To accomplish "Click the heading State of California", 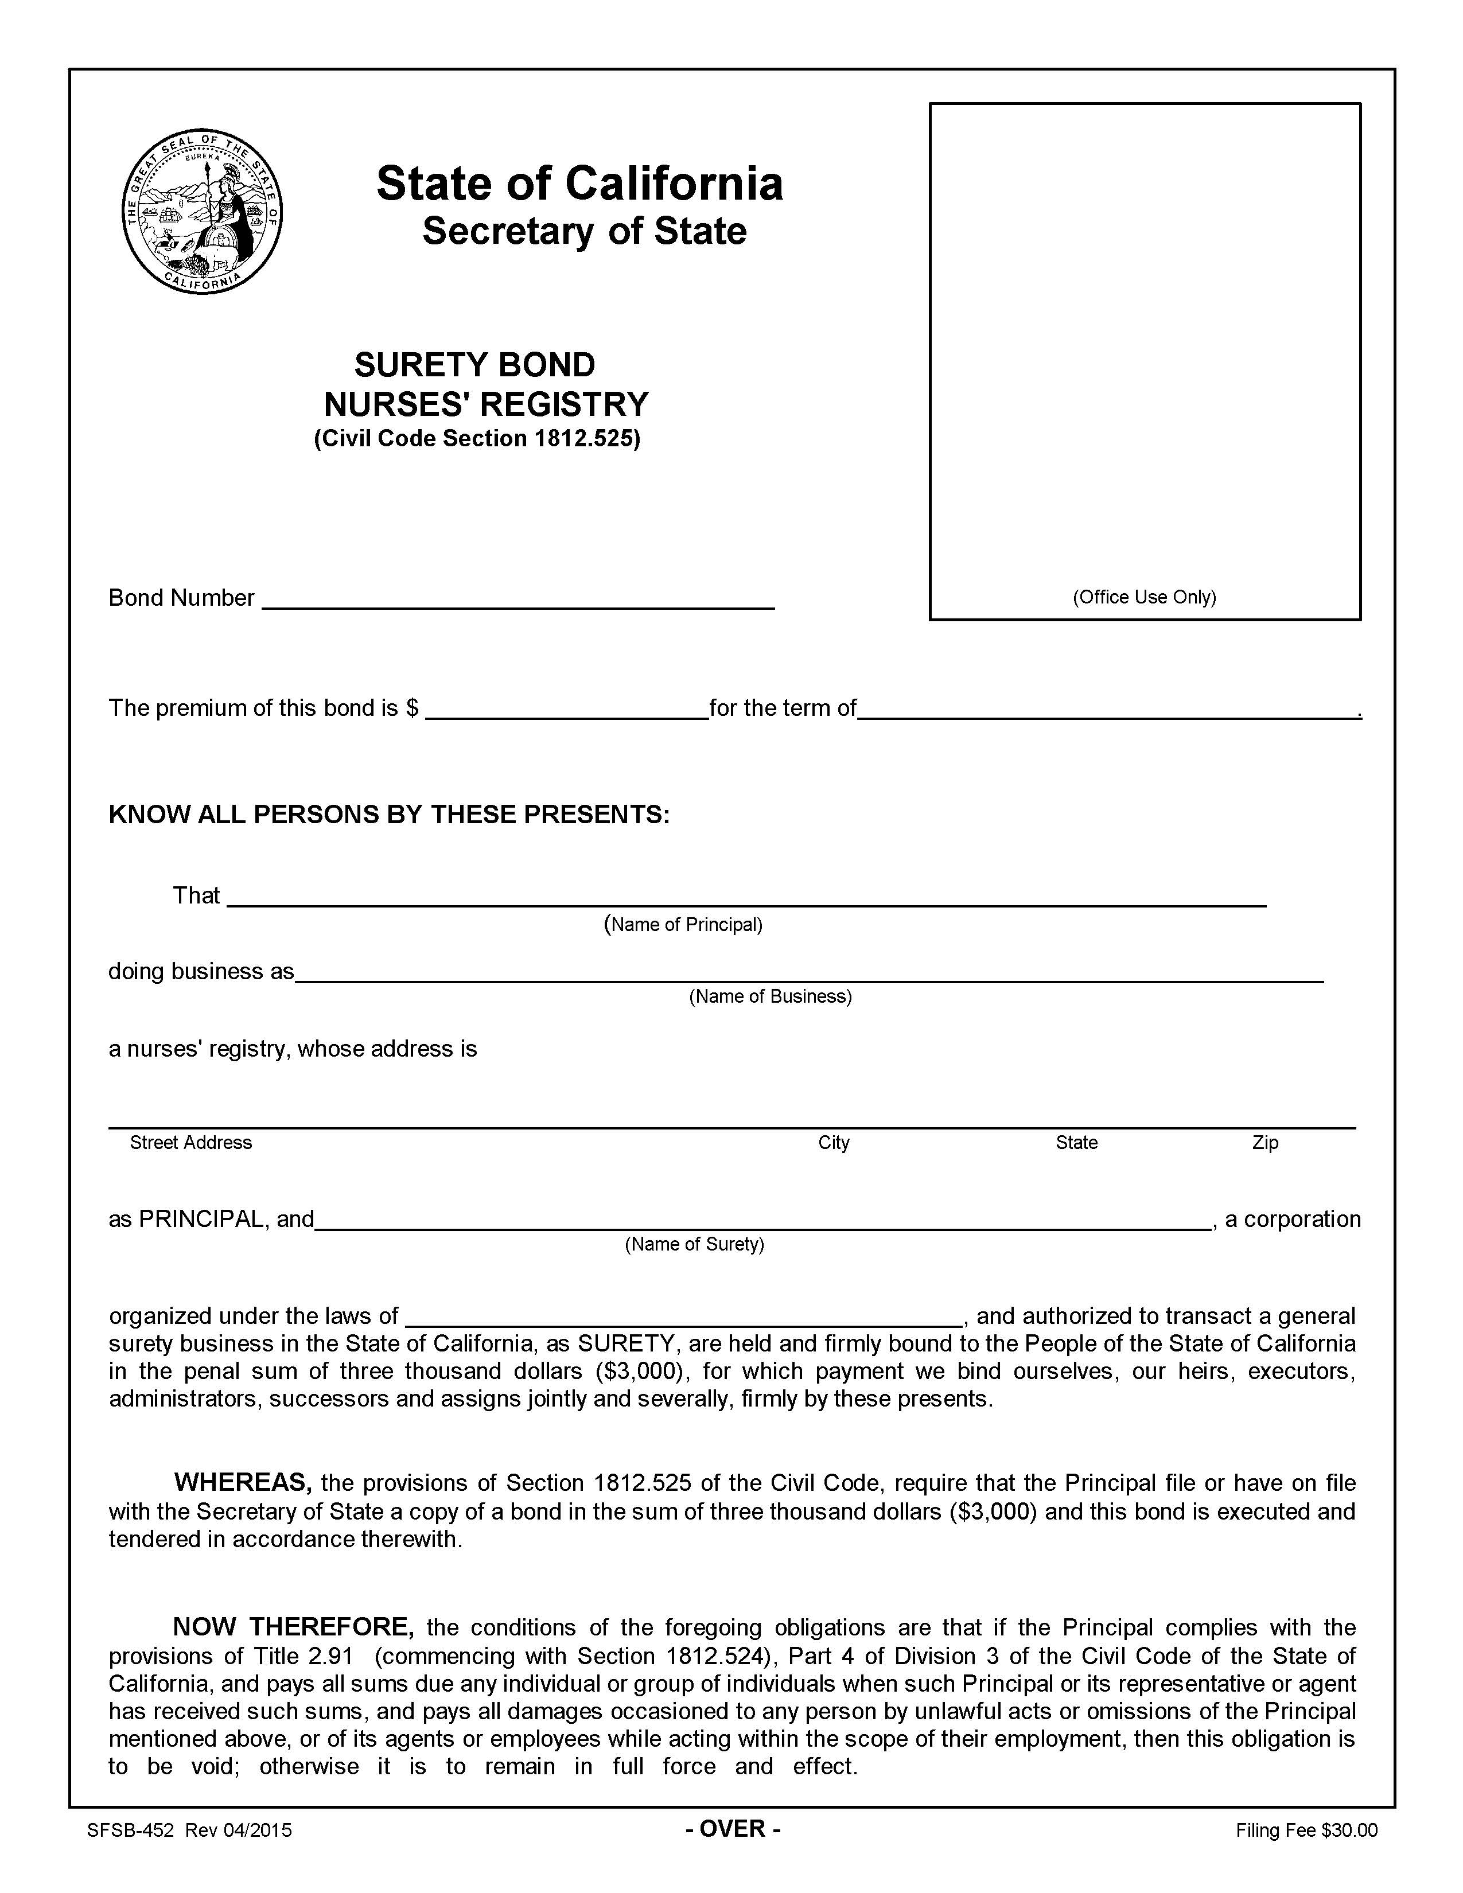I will click(x=579, y=184).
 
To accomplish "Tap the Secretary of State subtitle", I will click(x=583, y=231).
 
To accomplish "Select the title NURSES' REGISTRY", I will click(x=485, y=404).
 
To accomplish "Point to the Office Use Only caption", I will click(x=1144, y=597).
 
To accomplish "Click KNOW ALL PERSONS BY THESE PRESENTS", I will click(x=388, y=815).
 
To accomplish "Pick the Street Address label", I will click(x=190, y=1142).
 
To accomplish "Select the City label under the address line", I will click(x=833, y=1142).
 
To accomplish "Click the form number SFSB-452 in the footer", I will click(x=131, y=1830).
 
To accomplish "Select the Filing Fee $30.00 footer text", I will click(x=1306, y=1830).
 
